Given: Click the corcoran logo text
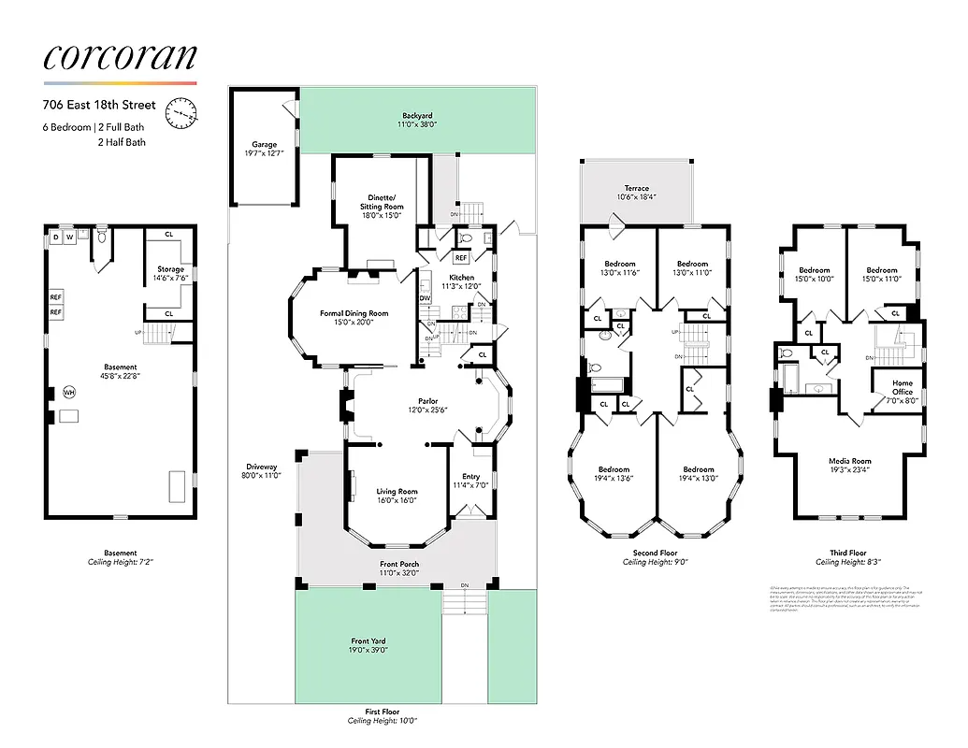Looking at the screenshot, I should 120,58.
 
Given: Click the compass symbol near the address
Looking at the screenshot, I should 181,113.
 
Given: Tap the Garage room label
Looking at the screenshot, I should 264,145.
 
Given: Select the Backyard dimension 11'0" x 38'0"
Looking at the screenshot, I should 417,123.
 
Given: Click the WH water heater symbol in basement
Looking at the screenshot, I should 68,393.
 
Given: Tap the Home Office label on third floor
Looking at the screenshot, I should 902,387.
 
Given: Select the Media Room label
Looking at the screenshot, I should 848,461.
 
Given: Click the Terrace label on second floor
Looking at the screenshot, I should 636,188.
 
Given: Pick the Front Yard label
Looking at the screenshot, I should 368,641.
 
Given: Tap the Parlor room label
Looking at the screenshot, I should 427,401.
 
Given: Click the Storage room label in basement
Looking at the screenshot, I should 170,269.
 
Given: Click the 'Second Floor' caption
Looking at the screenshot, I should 655,553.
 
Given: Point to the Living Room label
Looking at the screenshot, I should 397,491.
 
